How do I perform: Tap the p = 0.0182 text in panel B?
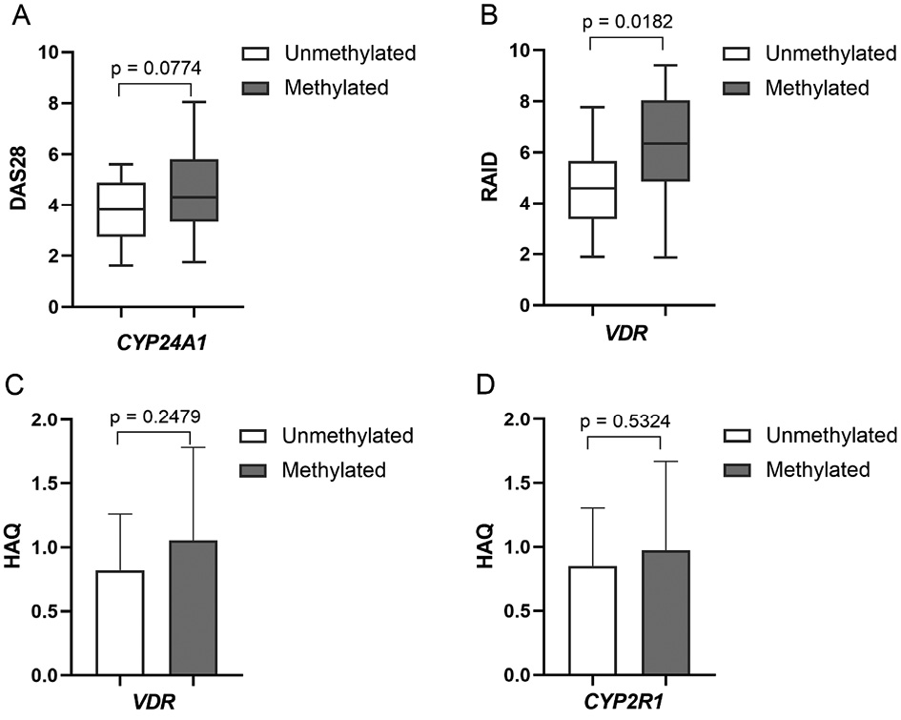(x=626, y=21)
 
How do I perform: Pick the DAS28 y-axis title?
(x=15, y=179)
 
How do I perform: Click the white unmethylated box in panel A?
(x=120, y=209)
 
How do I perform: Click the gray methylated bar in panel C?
(x=194, y=607)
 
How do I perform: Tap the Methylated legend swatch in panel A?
(x=257, y=89)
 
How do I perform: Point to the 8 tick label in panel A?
(x=55, y=102)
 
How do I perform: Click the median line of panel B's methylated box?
(x=665, y=143)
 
